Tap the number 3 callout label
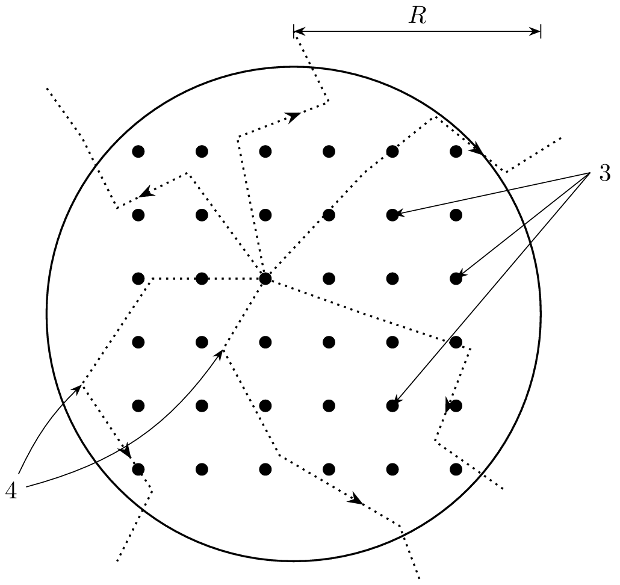[x=604, y=173]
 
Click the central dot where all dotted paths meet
[x=265, y=279]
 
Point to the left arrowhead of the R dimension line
[x=299, y=31]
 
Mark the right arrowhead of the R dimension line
[x=535, y=31]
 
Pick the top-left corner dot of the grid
[x=138, y=152]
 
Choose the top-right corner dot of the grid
[x=456, y=152]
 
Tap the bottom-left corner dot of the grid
[x=138, y=469]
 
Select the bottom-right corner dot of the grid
[x=456, y=469]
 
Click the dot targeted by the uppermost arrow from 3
[x=392, y=215]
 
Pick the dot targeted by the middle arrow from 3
[x=456, y=279]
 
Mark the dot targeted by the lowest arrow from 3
[x=392, y=406]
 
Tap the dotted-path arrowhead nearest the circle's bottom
[x=356, y=499]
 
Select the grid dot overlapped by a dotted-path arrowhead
[x=456, y=406]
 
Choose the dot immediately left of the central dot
[x=202, y=279]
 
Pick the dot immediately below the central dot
[x=265, y=342]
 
